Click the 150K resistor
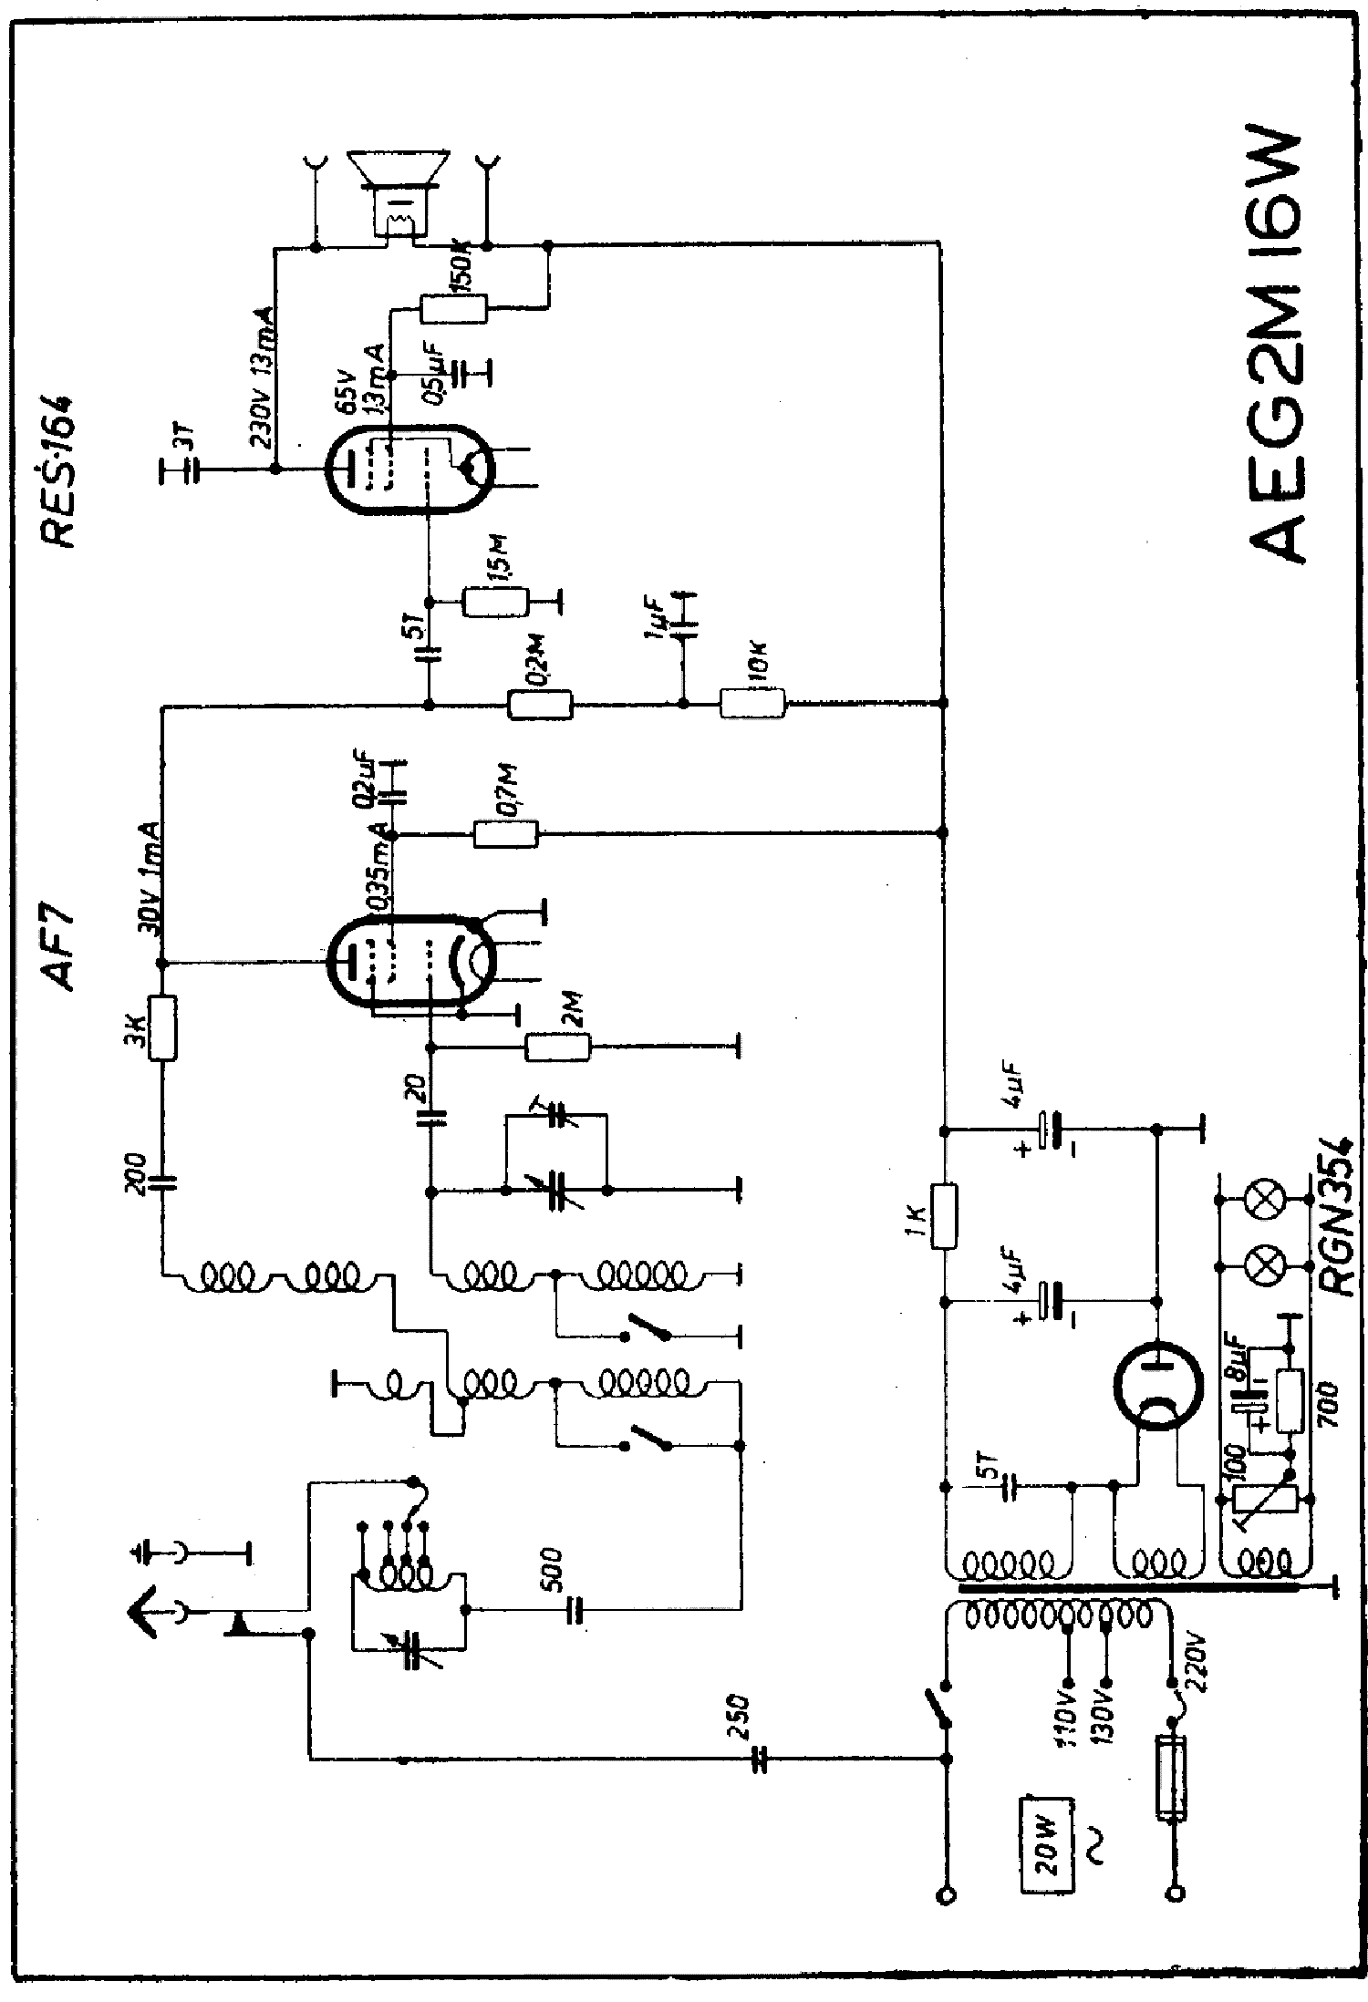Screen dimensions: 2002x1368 [x=453, y=308]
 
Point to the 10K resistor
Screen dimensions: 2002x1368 [x=751, y=703]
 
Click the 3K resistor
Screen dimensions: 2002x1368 [x=162, y=1028]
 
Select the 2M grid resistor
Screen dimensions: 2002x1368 [x=557, y=1047]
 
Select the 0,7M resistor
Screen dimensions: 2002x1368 [x=506, y=833]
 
